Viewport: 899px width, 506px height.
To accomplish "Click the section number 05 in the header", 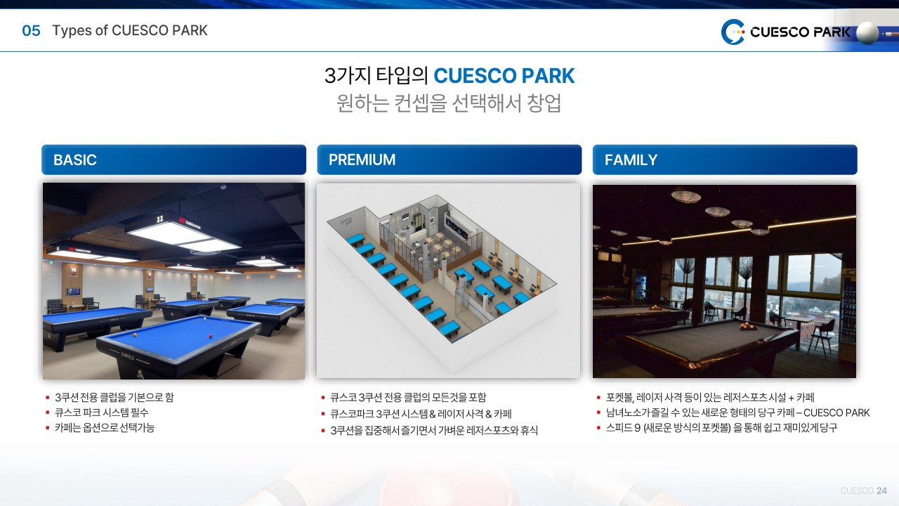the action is tap(31, 30).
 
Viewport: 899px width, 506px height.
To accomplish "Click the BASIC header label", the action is tap(75, 160).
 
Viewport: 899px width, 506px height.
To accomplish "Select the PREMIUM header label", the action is tap(362, 160).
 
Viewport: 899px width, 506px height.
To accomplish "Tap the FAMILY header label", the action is tap(631, 160).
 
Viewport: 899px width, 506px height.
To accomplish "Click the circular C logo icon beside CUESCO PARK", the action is tap(733, 32).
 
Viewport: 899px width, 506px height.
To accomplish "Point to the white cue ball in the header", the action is tap(867, 32).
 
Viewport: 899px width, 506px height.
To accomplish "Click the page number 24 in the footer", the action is tap(881, 491).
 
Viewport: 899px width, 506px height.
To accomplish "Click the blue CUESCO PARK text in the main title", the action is tap(504, 76).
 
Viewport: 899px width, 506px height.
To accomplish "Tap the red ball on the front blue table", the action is tap(210, 337).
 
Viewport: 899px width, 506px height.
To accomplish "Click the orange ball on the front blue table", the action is tap(135, 335).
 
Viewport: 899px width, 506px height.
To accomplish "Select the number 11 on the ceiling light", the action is tap(159, 219).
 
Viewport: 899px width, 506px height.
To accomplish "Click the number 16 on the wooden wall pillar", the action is tap(74, 269).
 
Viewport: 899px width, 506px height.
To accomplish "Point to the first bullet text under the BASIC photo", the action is tap(114, 398).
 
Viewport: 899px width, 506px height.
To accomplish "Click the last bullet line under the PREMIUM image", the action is tap(434, 431).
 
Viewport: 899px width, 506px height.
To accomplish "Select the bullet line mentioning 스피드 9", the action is tap(721, 428).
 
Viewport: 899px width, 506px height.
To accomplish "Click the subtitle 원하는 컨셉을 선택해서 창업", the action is tap(449, 103).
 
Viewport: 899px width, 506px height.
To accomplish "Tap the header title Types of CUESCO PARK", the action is tap(130, 30).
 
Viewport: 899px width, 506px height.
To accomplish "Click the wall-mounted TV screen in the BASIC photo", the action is tap(73, 292).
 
